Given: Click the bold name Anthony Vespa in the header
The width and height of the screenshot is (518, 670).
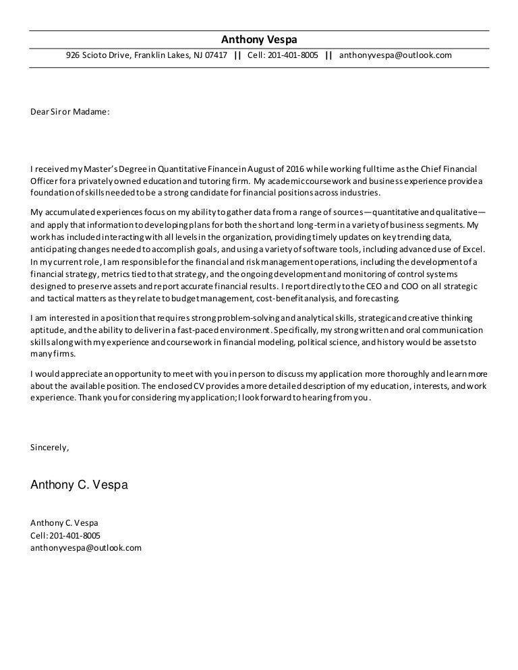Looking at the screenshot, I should (x=259, y=38).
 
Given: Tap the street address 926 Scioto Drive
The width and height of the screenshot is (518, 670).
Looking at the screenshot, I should (x=98, y=55).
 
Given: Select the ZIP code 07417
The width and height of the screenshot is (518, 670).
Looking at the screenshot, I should (x=214, y=55).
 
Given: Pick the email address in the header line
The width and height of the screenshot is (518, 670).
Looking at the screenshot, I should (x=395, y=55).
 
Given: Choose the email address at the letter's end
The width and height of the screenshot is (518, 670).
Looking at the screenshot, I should (x=86, y=548).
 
